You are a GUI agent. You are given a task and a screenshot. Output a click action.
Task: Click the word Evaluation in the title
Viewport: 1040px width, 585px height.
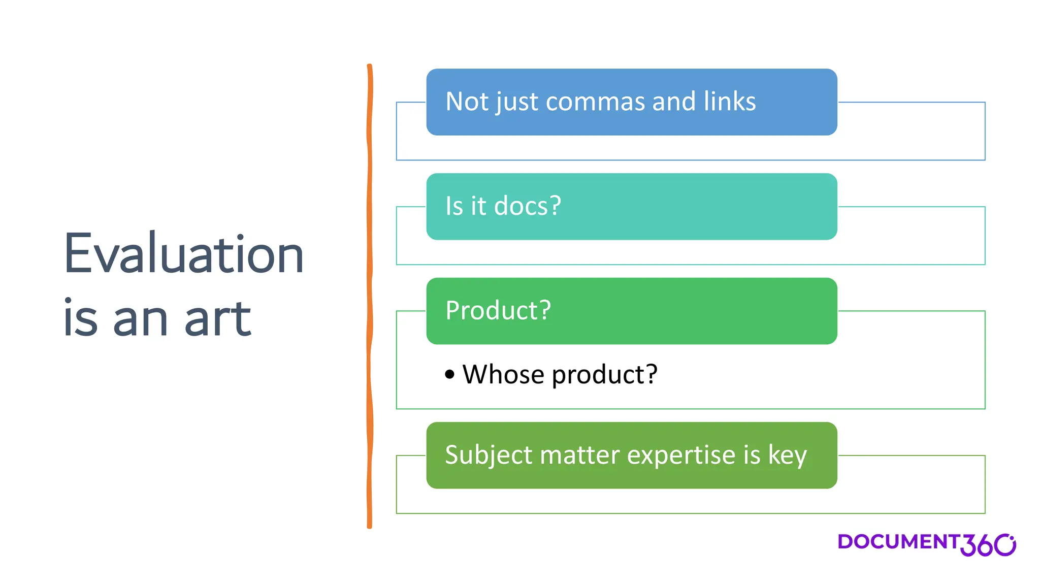pyautogui.click(x=183, y=254)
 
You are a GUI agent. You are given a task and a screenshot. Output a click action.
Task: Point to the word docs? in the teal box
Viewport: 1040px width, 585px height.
pyautogui.click(x=527, y=206)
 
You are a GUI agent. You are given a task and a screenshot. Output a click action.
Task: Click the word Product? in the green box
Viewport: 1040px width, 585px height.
pyautogui.click(x=498, y=310)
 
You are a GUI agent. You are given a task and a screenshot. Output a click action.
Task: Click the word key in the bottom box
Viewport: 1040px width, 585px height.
pyautogui.click(x=787, y=455)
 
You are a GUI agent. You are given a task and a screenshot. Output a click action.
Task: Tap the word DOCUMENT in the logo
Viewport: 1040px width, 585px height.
pyautogui.click(x=898, y=542)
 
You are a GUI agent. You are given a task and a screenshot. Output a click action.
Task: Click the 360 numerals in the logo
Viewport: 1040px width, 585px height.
pyautogui.click(x=988, y=545)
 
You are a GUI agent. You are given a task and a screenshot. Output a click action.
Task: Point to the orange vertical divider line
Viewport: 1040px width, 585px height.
pyautogui.click(x=370, y=295)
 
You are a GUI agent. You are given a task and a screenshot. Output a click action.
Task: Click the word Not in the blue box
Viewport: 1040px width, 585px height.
pyautogui.click(x=466, y=102)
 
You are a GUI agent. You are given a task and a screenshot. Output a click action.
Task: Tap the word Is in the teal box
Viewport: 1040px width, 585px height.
pyautogui.click(x=454, y=206)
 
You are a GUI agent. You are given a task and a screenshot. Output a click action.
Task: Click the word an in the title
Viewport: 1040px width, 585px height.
pyautogui.click(x=140, y=319)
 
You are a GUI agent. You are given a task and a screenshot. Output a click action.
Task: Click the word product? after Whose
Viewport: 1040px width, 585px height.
pyautogui.click(x=604, y=375)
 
